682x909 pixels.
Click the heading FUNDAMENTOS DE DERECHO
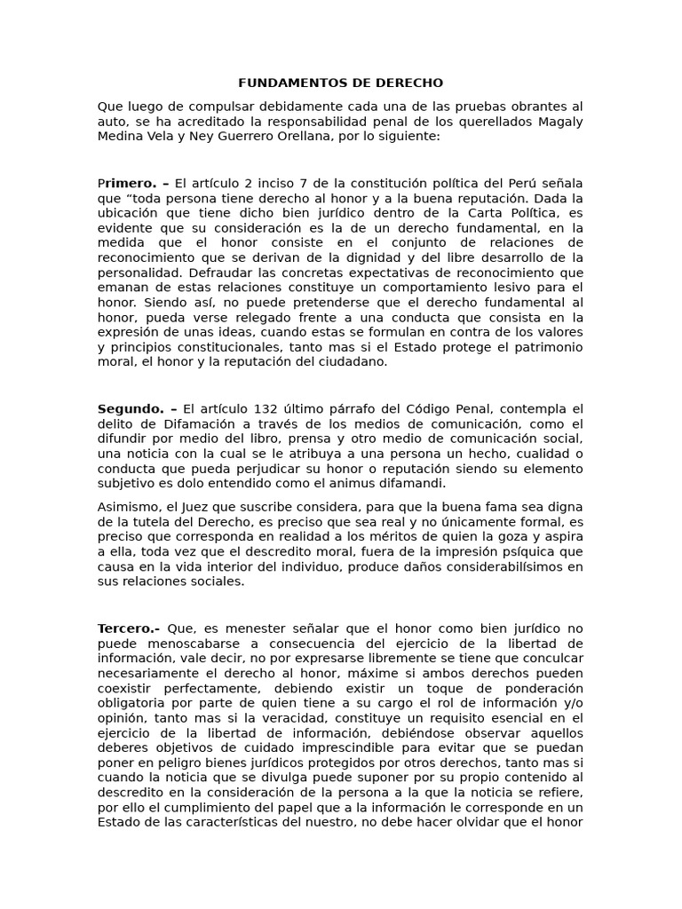pos(341,83)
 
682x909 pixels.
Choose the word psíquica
pos(501,551)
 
